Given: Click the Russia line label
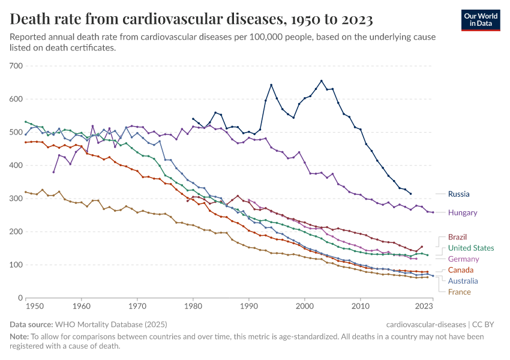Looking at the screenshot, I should pos(459,194).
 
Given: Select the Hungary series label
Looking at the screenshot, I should pos(463,212).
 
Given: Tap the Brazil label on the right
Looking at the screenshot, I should pos(457,237).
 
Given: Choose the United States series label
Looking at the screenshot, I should pos(471,248).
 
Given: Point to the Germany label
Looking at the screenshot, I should pos(463,259).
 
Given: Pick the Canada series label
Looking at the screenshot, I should pos(460,270).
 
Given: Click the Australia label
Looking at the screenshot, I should pos(463,281).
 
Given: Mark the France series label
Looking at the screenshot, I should pos(458,292).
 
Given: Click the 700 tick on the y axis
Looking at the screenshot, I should pos(16,66).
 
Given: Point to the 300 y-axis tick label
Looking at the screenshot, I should pos(16,199).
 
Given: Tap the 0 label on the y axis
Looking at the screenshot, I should pos(20,298).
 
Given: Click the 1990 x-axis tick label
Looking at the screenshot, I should pos(248,307).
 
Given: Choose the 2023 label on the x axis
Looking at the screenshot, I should pos(424,307).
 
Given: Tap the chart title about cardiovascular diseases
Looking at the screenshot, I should pos(192,20).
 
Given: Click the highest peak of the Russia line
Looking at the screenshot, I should pos(321,80).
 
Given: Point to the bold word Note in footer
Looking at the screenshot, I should pos(20,337).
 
